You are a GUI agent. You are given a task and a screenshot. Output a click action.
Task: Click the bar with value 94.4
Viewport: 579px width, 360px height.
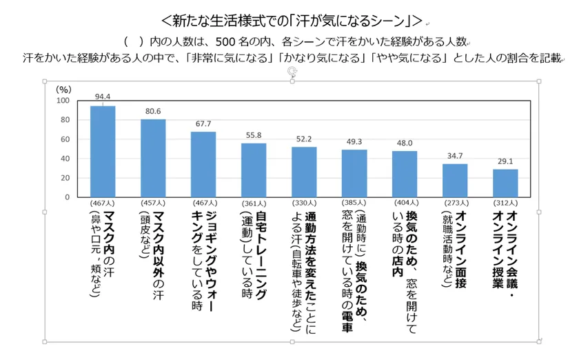(103, 152)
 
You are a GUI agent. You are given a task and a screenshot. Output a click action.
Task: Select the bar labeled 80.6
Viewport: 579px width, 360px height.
(153, 158)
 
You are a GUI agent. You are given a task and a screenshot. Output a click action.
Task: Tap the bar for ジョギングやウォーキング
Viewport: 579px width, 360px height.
(203, 164)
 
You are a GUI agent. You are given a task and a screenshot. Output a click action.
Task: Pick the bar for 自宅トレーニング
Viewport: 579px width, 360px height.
(254, 170)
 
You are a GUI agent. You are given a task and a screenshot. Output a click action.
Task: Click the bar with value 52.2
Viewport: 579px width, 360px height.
(304, 172)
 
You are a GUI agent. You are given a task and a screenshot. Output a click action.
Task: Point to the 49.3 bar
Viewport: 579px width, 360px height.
(354, 173)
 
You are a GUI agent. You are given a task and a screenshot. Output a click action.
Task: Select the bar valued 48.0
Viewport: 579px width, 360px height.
(405, 174)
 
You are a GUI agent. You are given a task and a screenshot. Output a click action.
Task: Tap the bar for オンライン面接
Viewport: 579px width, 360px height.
(455, 180)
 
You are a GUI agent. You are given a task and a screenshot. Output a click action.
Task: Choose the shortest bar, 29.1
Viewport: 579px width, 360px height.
(505, 183)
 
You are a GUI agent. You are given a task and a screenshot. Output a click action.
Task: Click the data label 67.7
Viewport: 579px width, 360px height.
(203, 125)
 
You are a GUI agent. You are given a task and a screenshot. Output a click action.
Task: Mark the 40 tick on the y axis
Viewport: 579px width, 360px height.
(65, 159)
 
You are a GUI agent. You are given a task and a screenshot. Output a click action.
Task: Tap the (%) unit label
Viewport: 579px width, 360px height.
(63, 89)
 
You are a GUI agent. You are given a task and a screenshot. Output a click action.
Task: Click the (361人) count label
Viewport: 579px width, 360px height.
(254, 203)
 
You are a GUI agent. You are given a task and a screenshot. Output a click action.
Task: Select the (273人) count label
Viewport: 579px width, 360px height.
(455, 203)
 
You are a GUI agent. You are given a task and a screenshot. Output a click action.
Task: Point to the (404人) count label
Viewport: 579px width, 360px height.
(405, 203)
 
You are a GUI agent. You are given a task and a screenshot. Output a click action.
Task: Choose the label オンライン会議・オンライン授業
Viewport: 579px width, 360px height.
(505, 248)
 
